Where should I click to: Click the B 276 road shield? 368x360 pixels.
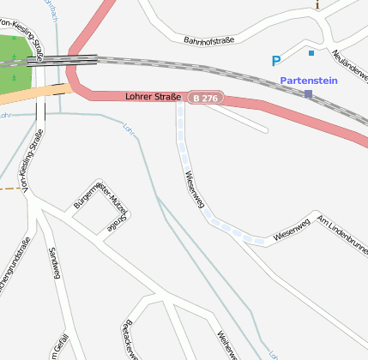(206, 99)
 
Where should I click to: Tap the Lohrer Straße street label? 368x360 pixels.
(153, 97)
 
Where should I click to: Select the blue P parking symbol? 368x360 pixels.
(275, 61)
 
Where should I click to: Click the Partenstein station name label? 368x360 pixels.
(309, 81)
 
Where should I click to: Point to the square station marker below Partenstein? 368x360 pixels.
(308, 93)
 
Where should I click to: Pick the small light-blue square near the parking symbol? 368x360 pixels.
(311, 53)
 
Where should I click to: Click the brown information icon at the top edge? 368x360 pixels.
(317, 4)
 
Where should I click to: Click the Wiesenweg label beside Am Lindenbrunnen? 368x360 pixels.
(290, 229)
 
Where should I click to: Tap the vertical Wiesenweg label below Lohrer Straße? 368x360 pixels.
(194, 193)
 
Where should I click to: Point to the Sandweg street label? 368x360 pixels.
(56, 263)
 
